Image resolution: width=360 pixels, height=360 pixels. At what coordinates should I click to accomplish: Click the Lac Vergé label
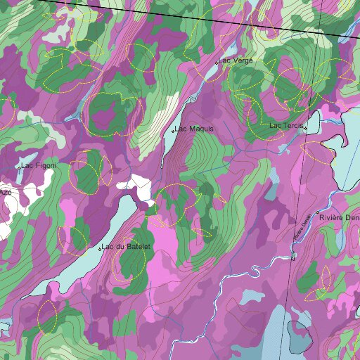pos(236,61)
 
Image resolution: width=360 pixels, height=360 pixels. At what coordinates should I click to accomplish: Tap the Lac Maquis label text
pos(194,129)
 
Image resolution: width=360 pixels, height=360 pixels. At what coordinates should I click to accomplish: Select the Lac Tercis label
pos(286,126)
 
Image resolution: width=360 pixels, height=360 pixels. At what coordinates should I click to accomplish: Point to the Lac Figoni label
pos(39,166)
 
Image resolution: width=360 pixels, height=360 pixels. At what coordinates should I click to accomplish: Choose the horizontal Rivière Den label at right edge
pos(340,217)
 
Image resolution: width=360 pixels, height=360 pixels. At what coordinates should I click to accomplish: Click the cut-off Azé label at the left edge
pos(5,192)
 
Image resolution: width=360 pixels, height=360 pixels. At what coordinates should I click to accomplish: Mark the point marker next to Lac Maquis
pos(173,131)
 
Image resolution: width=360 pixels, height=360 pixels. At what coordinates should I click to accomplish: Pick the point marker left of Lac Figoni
pos(18,167)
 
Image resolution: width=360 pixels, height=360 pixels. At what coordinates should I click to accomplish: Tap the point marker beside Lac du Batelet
pos(99,249)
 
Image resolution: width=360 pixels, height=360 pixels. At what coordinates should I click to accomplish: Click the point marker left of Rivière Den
pos(318,212)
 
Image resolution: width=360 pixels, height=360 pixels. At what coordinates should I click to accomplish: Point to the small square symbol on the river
pos(293,257)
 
